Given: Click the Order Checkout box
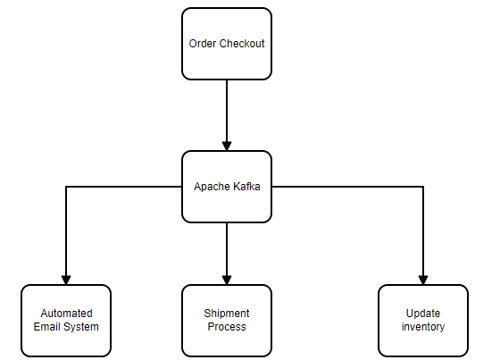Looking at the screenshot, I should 227,44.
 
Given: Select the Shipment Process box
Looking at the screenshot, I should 227,320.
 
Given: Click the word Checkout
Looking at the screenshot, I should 242,44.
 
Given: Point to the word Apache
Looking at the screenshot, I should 211,187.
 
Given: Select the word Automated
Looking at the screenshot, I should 66,314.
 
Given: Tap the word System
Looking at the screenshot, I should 81,327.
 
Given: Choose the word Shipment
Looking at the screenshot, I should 227,314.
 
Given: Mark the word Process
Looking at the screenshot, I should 227,327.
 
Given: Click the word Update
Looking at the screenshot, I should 423,314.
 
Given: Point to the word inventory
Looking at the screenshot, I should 423,327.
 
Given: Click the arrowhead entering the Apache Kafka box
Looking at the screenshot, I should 227,145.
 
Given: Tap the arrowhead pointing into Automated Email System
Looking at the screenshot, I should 66,279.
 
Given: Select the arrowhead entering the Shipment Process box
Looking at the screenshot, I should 227,279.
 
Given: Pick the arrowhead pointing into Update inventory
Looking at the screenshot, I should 423,279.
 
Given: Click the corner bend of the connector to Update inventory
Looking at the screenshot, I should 423,187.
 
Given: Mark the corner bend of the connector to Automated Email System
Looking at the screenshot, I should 66,187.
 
